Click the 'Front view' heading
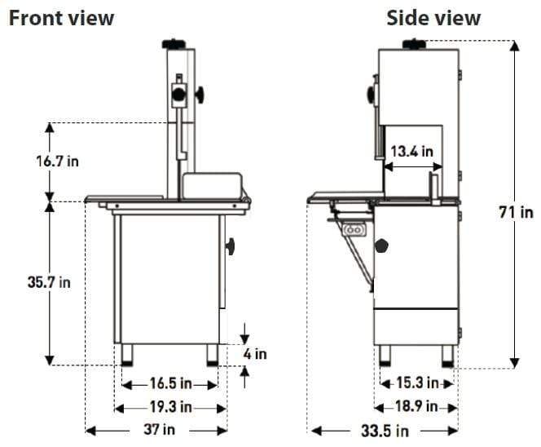(x=61, y=18)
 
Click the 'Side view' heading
(x=433, y=18)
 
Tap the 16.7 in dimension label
(x=57, y=162)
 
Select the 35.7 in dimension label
(x=49, y=282)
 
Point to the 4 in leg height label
(x=255, y=354)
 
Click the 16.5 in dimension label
(x=170, y=383)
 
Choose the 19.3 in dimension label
(x=170, y=407)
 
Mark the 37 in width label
(x=159, y=430)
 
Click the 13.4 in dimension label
(x=411, y=151)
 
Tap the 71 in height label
(x=516, y=212)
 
